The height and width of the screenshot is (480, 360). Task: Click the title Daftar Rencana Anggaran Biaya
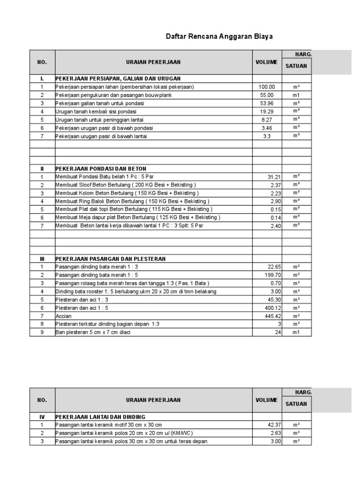point(220,36)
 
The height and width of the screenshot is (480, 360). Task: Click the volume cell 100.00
point(267,87)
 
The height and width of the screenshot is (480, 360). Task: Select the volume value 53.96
point(267,103)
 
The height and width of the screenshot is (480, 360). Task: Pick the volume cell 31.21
point(274,177)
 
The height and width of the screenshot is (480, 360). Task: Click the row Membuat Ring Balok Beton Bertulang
point(126,201)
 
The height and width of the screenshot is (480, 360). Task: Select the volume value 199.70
point(272,275)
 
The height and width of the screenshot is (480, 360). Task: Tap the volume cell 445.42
point(272,316)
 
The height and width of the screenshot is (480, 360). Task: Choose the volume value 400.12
point(272,308)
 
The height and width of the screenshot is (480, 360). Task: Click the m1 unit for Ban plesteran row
point(296,332)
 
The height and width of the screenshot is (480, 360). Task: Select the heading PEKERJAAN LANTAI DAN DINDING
point(101,417)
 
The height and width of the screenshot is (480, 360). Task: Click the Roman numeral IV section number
point(42,417)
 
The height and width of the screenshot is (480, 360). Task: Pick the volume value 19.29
point(267,112)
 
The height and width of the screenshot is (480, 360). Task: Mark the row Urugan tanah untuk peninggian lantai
point(100,120)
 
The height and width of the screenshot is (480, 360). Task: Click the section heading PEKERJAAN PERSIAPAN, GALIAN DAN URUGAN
point(118,78)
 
